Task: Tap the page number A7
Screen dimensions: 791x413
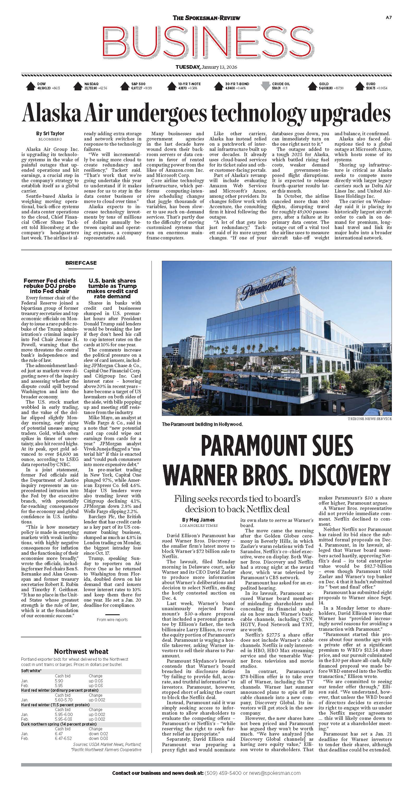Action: pos(388,18)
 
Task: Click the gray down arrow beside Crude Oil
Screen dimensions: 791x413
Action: pos(265,86)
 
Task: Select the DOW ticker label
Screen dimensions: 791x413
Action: pos(41,84)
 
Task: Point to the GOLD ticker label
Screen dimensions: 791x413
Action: pos(324,84)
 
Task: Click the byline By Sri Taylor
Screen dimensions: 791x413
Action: pos(50,134)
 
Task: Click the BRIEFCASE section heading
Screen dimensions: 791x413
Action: pos(81,263)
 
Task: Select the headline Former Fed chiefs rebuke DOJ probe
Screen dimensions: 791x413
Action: pos(50,286)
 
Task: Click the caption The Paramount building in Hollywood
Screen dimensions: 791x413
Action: pos(202,424)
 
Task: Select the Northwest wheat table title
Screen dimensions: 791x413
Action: pos(81,651)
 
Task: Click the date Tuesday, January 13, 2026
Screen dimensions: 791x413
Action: pos(206,67)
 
